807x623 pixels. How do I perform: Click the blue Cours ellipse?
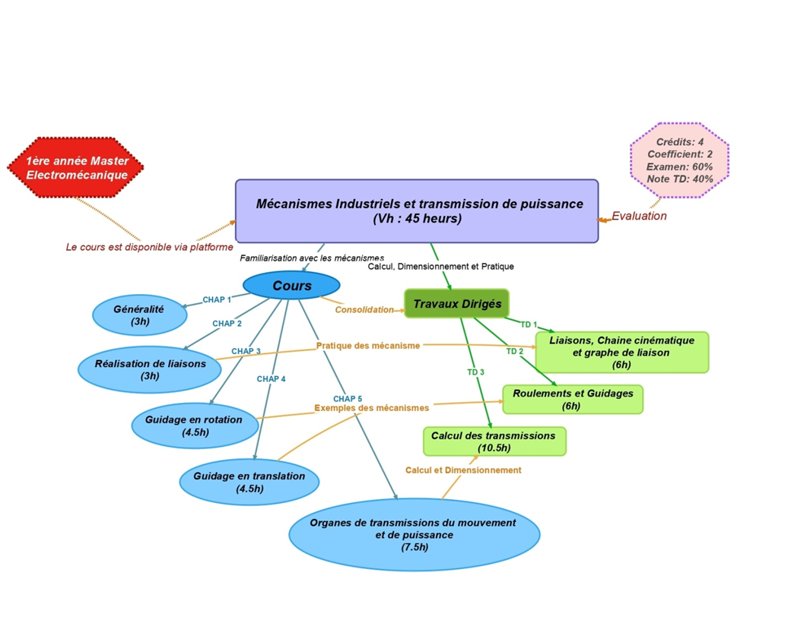point(291,286)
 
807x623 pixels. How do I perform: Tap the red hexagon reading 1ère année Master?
point(76,168)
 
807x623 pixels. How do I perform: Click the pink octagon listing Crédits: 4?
point(680,160)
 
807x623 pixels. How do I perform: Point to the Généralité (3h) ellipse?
point(139,315)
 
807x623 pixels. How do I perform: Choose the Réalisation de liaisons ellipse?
point(150,369)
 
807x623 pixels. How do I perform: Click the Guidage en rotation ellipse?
point(195,425)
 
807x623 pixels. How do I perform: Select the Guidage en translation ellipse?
point(249,482)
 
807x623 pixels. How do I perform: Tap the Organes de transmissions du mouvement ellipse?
point(415,534)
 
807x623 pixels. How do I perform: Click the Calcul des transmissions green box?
point(494,441)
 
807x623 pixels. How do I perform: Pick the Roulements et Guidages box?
point(572,400)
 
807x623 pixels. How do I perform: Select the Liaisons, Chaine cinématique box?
point(621,352)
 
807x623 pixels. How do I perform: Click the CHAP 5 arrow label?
point(348,399)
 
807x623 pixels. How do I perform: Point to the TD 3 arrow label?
point(476,372)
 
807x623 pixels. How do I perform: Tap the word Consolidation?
point(364,309)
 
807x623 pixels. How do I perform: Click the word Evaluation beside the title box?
point(639,216)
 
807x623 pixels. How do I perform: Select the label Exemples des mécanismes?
point(371,408)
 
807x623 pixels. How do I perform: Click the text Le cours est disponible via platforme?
point(149,247)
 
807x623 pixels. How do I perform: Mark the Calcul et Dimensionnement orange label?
point(463,470)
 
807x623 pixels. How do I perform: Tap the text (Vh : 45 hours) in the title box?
point(417,218)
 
